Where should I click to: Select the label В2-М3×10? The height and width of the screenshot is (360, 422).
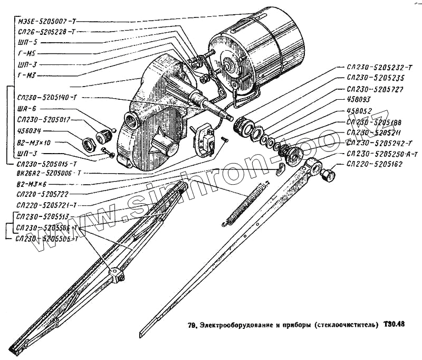click(34, 143)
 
